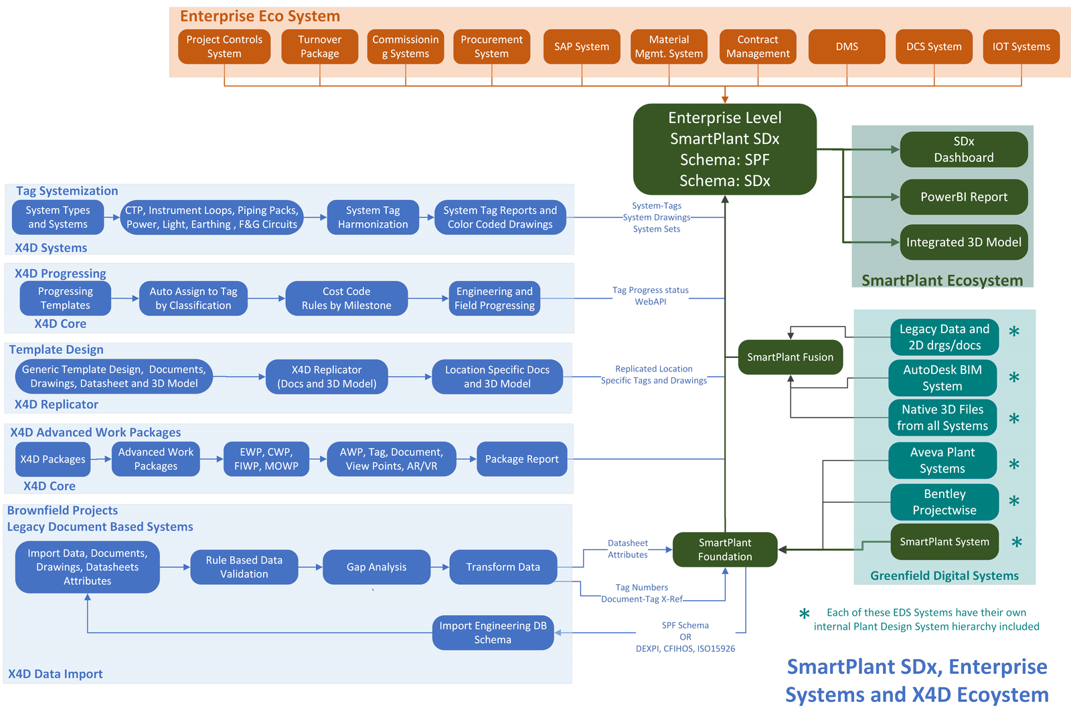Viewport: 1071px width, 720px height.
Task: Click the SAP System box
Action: tap(582, 46)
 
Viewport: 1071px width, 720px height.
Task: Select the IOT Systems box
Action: tap(1021, 46)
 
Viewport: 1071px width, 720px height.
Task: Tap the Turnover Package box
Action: tap(319, 46)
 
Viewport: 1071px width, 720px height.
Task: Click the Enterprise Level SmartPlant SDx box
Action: tap(724, 149)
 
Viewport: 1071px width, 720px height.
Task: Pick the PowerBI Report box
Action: tap(963, 197)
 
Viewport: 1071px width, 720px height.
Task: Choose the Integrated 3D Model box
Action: tap(963, 242)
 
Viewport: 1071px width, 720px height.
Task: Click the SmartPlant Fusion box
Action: tap(790, 357)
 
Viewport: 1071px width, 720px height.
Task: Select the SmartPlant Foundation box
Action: tap(725, 549)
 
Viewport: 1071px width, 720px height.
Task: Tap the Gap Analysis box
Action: tap(376, 567)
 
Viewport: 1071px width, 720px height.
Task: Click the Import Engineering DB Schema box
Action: tap(493, 632)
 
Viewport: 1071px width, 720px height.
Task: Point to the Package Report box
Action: tap(521, 459)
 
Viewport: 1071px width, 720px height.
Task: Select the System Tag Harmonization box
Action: tap(372, 217)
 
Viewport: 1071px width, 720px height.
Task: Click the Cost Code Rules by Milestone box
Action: tap(346, 298)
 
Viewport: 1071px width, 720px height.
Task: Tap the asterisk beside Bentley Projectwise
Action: tap(1013, 501)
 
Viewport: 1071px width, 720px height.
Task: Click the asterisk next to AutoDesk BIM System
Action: tap(1013, 377)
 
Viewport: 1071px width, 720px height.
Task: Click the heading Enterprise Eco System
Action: tap(260, 16)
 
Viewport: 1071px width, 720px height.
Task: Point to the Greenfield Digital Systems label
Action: tap(944, 575)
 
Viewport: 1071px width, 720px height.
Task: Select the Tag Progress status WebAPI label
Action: tap(650, 296)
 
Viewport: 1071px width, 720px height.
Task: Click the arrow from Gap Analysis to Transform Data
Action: tap(440, 567)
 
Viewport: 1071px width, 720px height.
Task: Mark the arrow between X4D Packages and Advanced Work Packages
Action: tap(101, 459)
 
